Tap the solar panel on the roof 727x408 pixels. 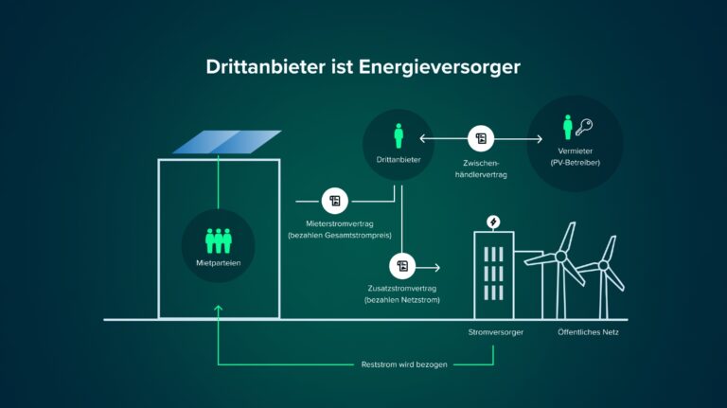click(227, 141)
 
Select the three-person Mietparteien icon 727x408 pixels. click(219, 239)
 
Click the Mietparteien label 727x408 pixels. click(219, 261)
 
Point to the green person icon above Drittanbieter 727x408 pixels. click(399, 135)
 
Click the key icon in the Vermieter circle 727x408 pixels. click(587, 129)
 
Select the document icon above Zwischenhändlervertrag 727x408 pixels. click(482, 139)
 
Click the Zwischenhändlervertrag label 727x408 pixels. click(482, 168)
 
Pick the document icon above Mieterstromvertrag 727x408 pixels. click(334, 201)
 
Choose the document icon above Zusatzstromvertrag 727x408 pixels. click(402, 266)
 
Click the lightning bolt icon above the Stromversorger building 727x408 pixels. click(493, 222)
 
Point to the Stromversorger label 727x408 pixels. click(494, 333)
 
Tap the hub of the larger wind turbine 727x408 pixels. click(561, 256)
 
